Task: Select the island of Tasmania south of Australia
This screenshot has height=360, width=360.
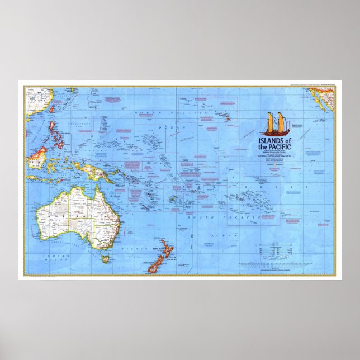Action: coord(105,258)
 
